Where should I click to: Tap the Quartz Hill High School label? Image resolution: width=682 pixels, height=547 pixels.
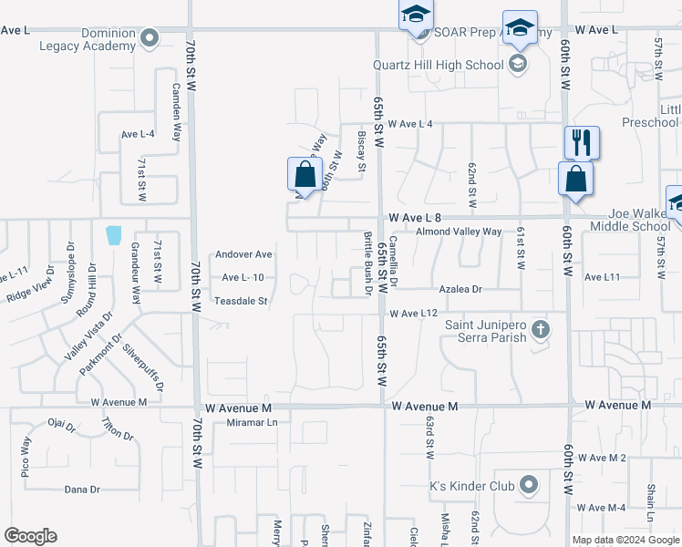[438, 65]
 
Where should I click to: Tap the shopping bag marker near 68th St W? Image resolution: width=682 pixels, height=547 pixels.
[305, 174]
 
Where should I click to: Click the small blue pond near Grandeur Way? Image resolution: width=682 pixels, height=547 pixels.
[113, 235]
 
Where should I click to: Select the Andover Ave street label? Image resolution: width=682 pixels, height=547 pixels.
[243, 254]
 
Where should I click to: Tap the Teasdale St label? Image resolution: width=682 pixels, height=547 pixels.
[241, 300]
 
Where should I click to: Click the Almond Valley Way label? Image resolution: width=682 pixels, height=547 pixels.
[459, 232]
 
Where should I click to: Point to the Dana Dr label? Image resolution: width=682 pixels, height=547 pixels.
[82, 490]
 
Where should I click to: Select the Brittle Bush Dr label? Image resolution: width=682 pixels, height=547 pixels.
[368, 263]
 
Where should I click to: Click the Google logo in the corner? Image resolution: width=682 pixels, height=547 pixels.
[30, 536]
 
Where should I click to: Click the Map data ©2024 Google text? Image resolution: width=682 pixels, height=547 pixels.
[625, 540]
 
